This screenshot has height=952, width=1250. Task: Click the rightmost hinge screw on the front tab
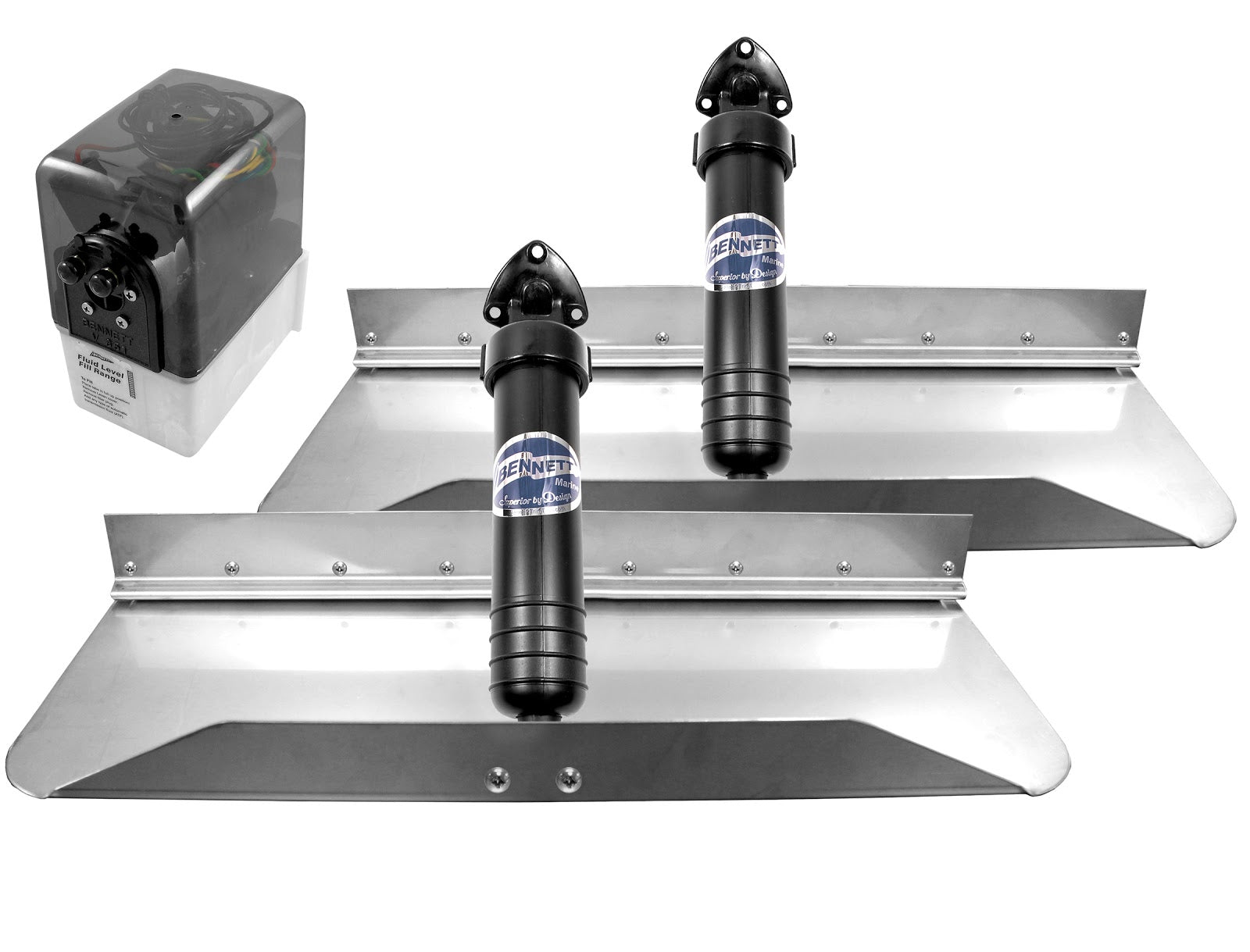coord(948,568)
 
